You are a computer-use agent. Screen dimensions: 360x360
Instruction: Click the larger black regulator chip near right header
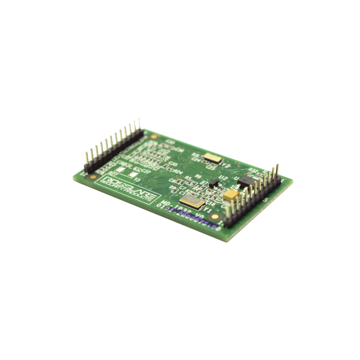(244, 180)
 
